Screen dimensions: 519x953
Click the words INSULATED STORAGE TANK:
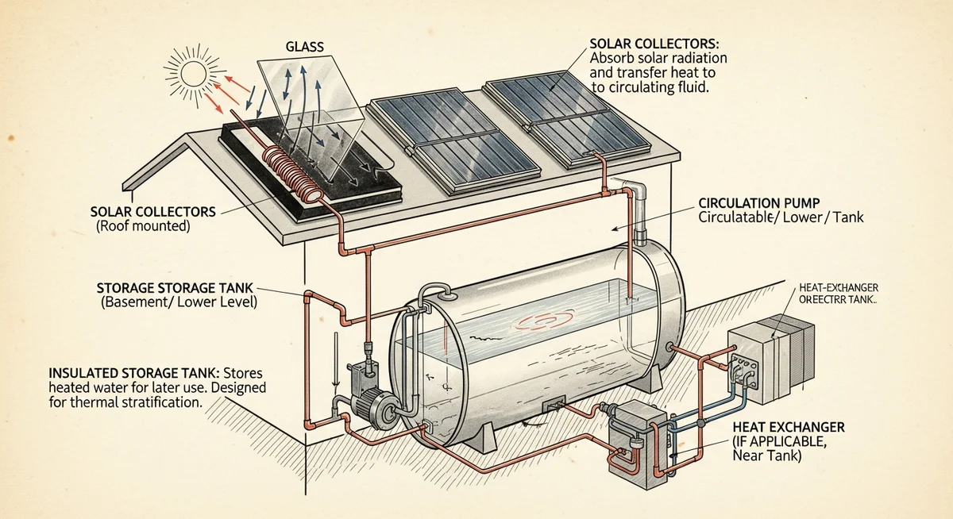(127, 372)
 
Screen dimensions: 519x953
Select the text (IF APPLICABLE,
(777, 442)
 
